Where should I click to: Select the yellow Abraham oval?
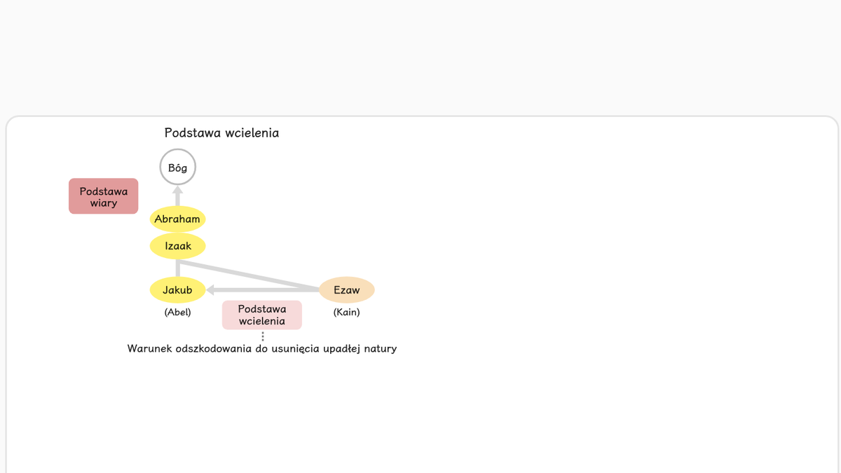pyautogui.click(x=177, y=219)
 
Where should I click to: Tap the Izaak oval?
pyautogui.click(x=177, y=246)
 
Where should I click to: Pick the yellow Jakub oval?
pyautogui.click(x=177, y=290)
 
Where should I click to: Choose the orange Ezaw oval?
pyautogui.click(x=346, y=290)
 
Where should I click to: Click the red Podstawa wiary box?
pyautogui.click(x=103, y=196)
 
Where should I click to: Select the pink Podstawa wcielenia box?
pyautogui.click(x=261, y=315)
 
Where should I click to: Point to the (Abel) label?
pyautogui.click(x=177, y=312)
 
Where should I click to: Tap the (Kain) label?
pyautogui.click(x=346, y=312)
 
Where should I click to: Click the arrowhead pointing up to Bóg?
pyautogui.click(x=177, y=191)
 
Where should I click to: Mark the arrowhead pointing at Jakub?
pyautogui.click(x=210, y=290)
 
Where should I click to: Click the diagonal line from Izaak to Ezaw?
pyautogui.click(x=248, y=275)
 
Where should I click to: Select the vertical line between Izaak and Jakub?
pyautogui.click(x=177, y=268)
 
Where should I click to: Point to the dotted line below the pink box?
pyautogui.click(x=263, y=336)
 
